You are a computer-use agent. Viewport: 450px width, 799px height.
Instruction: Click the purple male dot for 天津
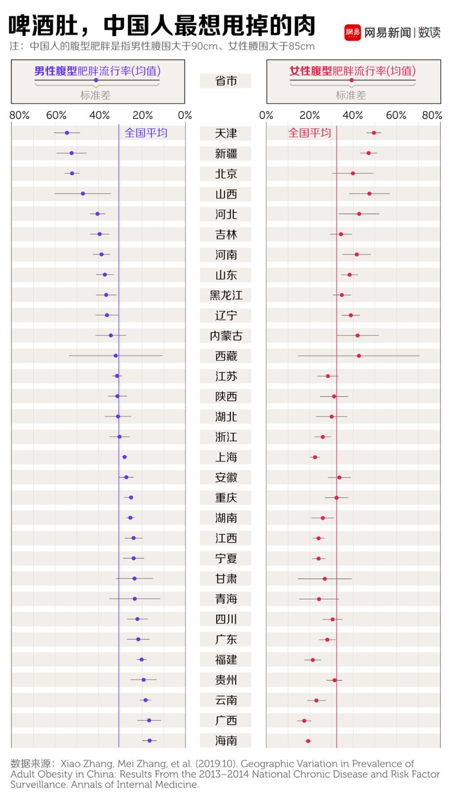(x=67, y=133)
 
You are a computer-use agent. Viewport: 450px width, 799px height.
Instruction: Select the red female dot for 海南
(x=308, y=741)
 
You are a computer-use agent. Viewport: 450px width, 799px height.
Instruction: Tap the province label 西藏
(x=226, y=356)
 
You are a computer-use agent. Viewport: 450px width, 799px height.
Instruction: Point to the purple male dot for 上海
(x=125, y=457)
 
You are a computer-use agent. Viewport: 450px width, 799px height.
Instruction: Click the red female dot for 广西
(x=305, y=721)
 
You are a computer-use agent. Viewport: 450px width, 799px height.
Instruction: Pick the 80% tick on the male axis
(x=19, y=115)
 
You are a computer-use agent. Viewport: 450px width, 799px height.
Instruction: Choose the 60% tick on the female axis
(x=397, y=115)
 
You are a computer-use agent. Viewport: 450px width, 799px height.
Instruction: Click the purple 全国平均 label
(x=146, y=133)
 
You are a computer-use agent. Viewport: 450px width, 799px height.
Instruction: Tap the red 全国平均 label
(x=309, y=133)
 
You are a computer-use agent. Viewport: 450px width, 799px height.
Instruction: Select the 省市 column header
(x=226, y=81)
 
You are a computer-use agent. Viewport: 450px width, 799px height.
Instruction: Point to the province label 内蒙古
(x=226, y=336)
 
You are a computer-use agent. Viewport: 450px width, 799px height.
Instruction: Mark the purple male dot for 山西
(x=83, y=193)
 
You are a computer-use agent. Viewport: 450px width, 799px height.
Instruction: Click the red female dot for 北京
(x=353, y=173)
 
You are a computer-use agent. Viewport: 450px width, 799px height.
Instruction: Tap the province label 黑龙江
(x=226, y=295)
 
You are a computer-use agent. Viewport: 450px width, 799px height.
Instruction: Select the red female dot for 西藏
(x=359, y=356)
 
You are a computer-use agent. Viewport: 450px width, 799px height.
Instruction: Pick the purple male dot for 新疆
(x=71, y=153)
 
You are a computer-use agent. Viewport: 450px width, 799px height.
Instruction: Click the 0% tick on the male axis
(x=184, y=115)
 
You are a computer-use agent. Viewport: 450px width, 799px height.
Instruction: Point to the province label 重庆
(x=226, y=498)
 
